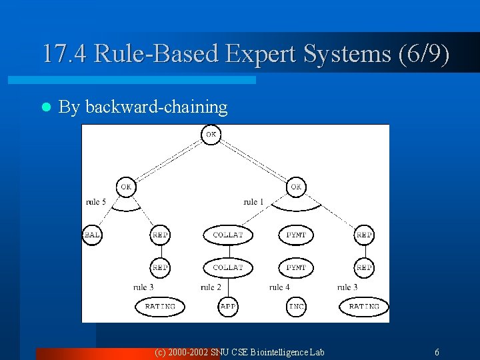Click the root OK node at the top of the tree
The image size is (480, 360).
[x=211, y=135]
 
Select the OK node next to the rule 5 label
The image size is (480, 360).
[x=126, y=187]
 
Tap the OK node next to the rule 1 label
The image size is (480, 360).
[x=296, y=187]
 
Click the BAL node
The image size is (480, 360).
[x=92, y=235]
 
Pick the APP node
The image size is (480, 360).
[x=228, y=307]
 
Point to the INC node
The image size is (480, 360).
[x=297, y=307]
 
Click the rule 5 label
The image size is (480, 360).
[x=96, y=202]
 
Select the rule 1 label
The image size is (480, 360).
[x=254, y=202]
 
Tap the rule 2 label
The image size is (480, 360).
[x=211, y=287]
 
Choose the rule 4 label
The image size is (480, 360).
[x=279, y=287]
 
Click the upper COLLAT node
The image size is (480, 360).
[x=228, y=235]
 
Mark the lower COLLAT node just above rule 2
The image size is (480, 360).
[x=228, y=267]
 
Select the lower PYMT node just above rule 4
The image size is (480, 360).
[x=296, y=267]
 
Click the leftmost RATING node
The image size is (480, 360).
[x=160, y=307]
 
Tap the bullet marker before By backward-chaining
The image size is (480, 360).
[x=45, y=107]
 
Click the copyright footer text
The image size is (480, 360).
[x=239, y=352]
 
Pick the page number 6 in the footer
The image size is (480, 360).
[x=437, y=352]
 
